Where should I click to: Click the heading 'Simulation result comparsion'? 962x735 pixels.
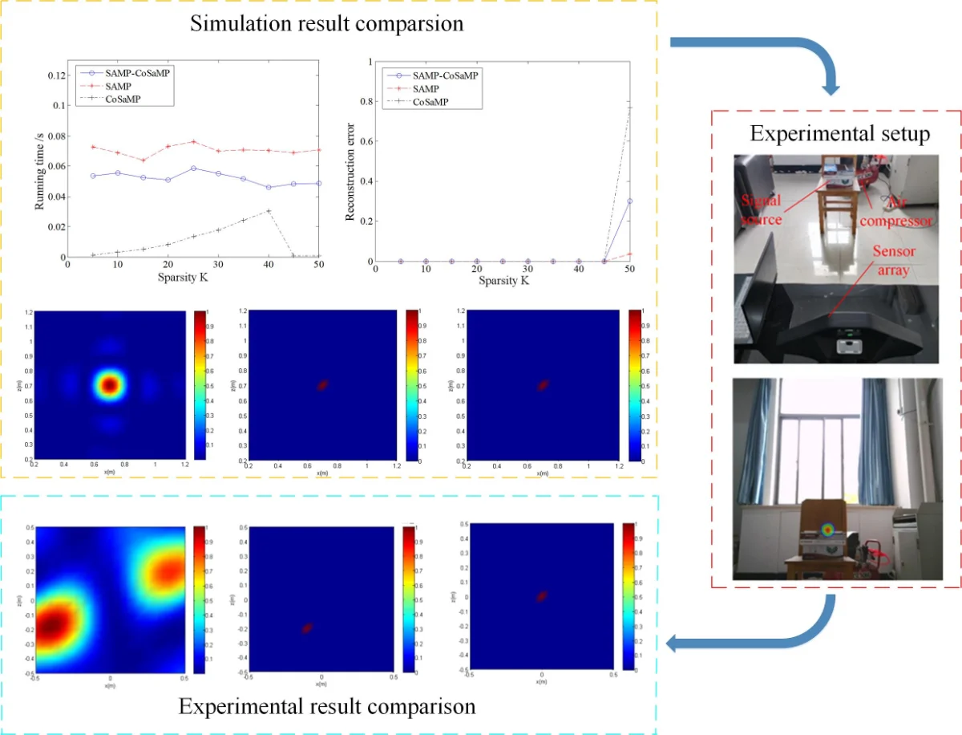[x=326, y=23]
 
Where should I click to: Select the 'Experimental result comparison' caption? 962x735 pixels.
[x=326, y=707]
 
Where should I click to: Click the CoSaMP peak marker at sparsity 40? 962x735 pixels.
[x=269, y=211]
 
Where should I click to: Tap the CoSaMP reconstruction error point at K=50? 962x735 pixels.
[x=629, y=108]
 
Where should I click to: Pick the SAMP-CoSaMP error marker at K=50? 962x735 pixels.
[x=629, y=201]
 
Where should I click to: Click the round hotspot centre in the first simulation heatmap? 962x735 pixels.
[x=109, y=385]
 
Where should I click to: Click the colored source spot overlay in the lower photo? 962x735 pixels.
[x=827, y=529]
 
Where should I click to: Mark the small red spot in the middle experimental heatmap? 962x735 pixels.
[x=306, y=628]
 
